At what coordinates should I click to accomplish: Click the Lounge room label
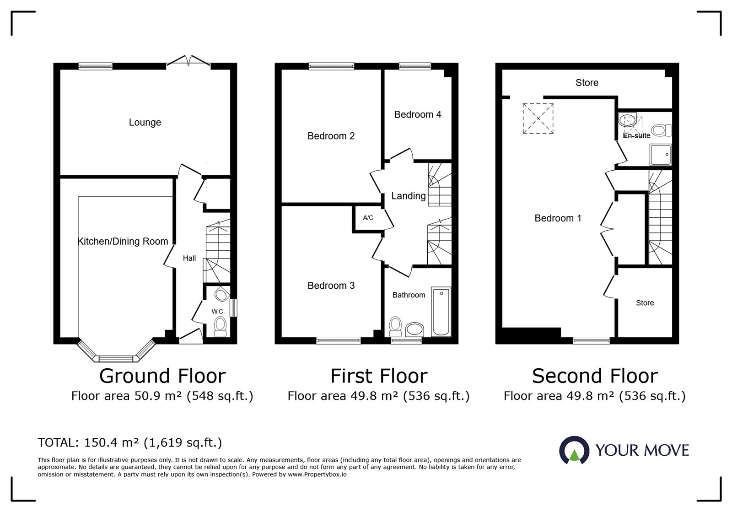[145, 123]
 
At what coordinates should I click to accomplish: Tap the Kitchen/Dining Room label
[123, 242]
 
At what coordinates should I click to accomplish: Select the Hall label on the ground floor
[189, 259]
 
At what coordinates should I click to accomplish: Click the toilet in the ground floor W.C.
[220, 326]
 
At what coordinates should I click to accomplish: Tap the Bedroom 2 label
[331, 136]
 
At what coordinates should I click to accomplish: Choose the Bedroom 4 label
[418, 114]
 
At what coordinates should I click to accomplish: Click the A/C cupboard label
[368, 218]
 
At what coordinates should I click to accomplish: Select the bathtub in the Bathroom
[441, 311]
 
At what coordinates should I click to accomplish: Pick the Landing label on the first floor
[409, 196]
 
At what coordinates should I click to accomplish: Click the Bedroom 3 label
[331, 286]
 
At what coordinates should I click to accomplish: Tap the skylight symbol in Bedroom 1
[538, 119]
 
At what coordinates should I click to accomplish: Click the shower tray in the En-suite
[661, 155]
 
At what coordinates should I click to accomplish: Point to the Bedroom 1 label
[558, 218]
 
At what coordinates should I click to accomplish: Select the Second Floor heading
[595, 376]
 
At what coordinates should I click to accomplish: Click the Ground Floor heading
[162, 376]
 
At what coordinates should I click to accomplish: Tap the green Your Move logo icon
[574, 450]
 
